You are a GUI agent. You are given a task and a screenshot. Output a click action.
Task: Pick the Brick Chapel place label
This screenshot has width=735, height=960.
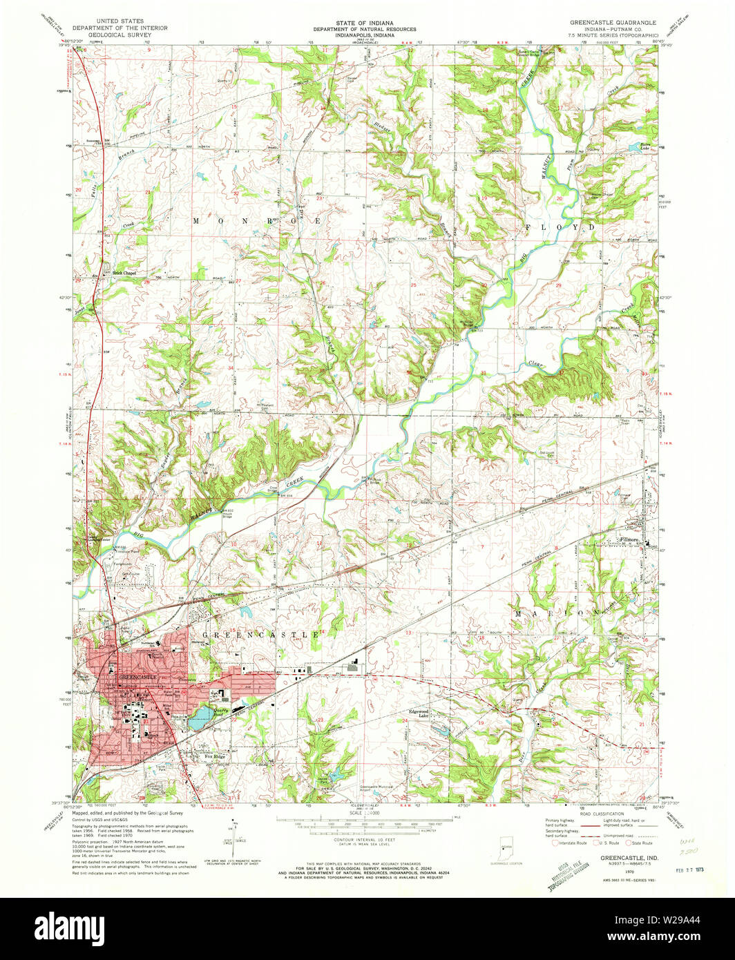[125, 273]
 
